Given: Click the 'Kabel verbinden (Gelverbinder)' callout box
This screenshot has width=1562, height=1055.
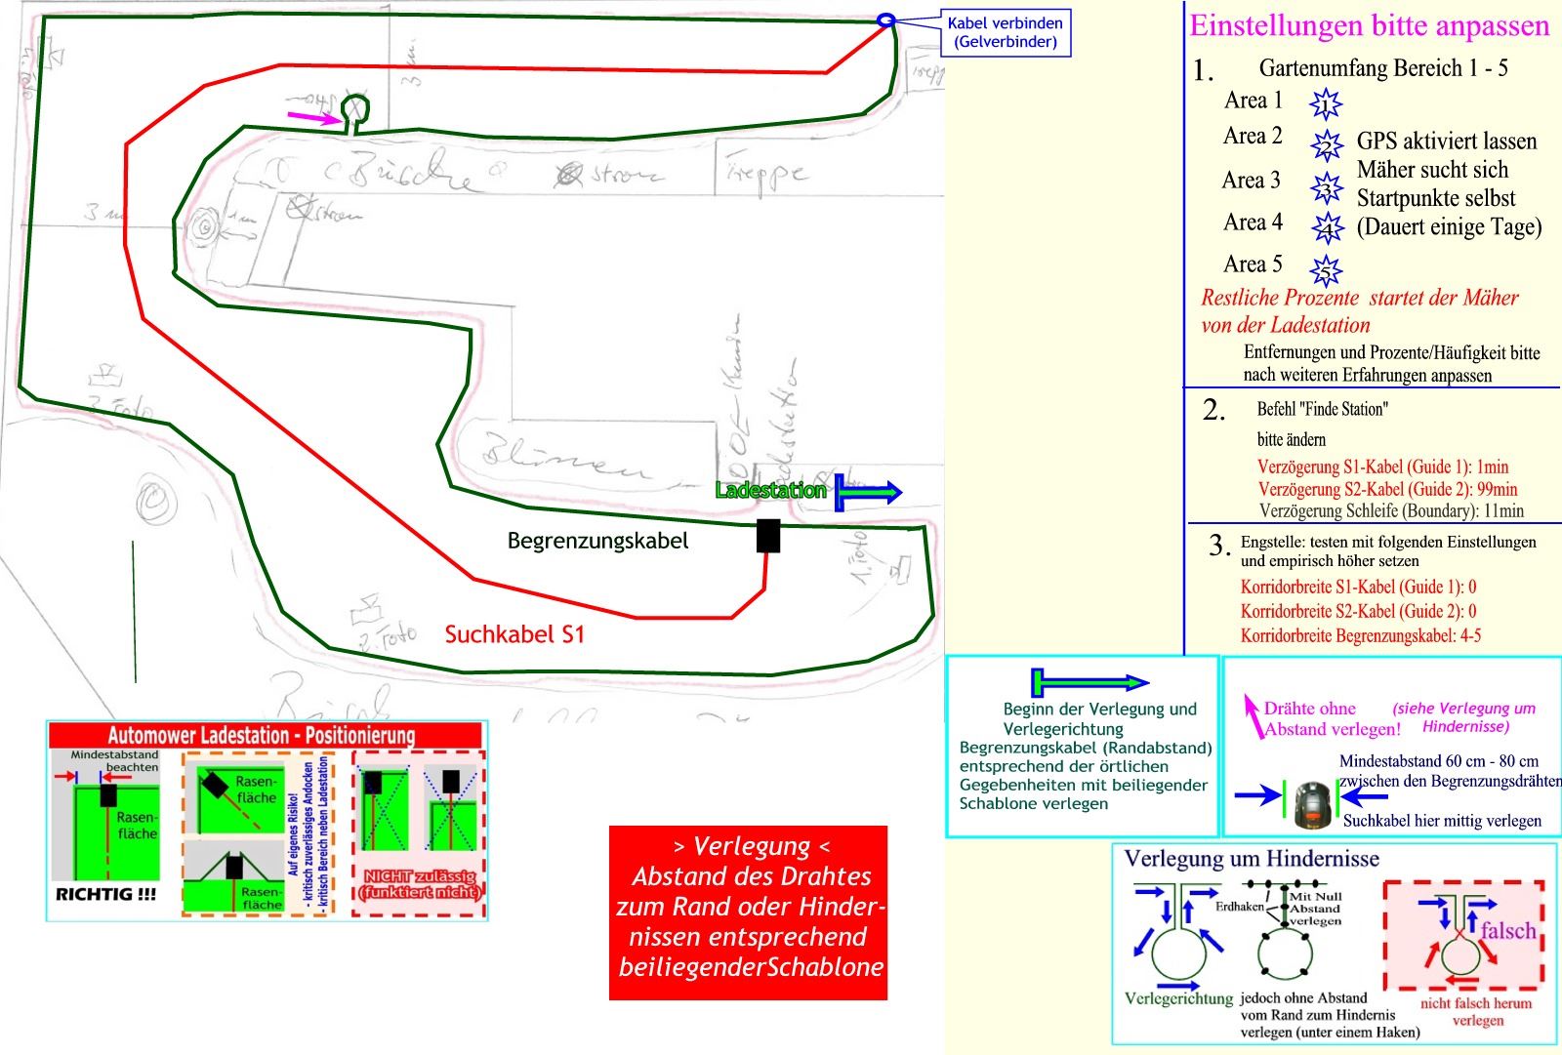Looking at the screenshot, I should point(1005,32).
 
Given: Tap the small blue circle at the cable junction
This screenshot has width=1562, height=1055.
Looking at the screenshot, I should point(885,20).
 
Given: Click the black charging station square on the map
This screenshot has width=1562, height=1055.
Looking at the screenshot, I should point(768,536).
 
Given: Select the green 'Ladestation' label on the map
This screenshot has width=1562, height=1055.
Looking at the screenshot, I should point(770,490).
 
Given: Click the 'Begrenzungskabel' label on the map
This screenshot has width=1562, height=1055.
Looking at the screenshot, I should point(597,541).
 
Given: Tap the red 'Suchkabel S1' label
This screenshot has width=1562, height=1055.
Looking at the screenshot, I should point(514,634).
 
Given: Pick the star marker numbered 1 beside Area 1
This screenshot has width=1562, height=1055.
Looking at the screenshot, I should point(1326,103).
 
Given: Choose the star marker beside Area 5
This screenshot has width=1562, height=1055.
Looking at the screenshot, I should point(1326,269).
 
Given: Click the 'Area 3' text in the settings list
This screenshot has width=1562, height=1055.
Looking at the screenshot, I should point(1251,181).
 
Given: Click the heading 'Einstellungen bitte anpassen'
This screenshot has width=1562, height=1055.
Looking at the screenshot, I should point(1369,25).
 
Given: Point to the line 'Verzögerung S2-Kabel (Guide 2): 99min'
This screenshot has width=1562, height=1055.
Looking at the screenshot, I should point(1387,489).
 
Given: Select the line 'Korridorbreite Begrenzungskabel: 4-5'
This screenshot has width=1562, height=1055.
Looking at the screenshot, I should point(1360,635).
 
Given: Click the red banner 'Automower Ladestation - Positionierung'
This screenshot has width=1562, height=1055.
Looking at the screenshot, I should point(262,736).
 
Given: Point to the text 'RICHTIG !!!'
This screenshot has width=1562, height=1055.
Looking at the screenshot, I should point(105,894).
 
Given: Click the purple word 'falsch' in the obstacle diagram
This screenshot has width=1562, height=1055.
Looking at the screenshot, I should point(1508,930).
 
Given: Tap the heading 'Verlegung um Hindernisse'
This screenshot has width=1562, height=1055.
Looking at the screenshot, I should point(1252,859).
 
